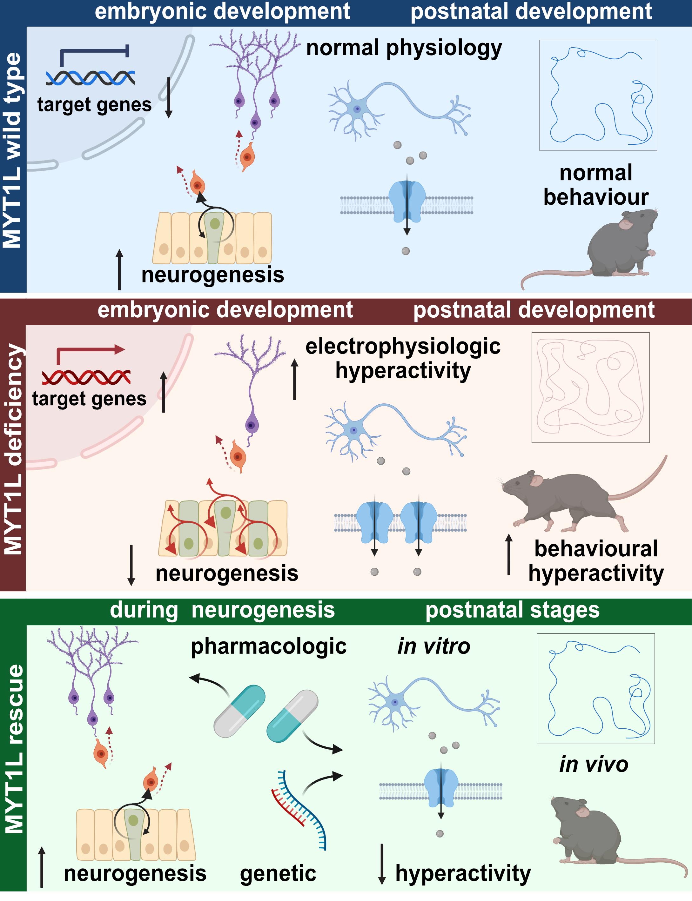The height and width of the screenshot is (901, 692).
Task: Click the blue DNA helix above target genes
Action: point(90,78)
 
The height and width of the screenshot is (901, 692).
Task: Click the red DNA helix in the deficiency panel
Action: point(86,377)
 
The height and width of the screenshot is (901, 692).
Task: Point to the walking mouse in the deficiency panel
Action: point(573,498)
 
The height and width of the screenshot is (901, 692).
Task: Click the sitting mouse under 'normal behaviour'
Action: point(614,247)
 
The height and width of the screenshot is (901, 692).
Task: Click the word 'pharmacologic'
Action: point(269,646)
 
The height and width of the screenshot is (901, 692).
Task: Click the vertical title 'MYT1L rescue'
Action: point(14,749)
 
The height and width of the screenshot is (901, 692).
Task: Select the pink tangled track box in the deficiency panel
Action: point(590,387)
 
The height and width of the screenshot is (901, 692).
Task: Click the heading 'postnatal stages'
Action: point(512,610)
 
